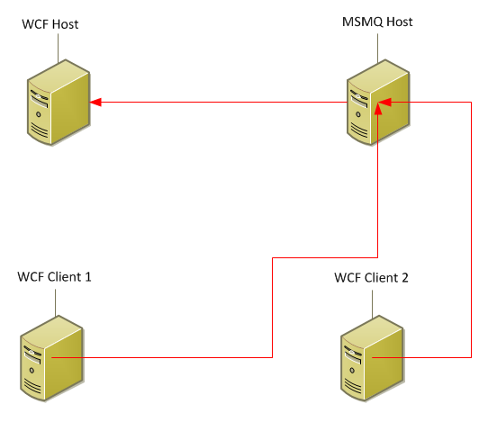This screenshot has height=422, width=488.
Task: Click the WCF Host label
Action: click(x=50, y=24)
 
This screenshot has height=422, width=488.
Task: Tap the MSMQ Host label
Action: click(x=377, y=22)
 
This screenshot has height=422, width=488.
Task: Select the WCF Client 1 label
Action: click(x=54, y=277)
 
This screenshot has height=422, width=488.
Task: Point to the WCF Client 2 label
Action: click(x=371, y=278)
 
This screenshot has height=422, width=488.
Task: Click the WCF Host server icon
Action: click(x=59, y=103)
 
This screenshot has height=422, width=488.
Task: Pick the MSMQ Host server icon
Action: click(x=378, y=103)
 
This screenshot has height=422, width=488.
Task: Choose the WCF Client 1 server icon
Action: click(x=52, y=358)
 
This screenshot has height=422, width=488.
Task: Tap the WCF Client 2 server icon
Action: click(x=372, y=358)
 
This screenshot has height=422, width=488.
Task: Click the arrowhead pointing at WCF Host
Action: click(x=95, y=102)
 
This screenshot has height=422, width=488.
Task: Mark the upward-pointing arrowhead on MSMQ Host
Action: click(x=378, y=109)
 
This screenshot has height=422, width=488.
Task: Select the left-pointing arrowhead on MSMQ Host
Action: click(x=384, y=102)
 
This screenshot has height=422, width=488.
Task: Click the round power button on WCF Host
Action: click(x=39, y=114)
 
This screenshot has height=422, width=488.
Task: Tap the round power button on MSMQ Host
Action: click(x=358, y=114)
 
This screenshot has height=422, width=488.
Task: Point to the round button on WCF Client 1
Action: click(x=32, y=371)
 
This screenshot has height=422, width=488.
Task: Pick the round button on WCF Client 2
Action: click(x=352, y=371)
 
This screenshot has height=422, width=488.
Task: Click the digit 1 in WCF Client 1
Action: click(x=88, y=277)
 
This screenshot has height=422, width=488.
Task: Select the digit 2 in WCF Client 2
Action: click(x=405, y=278)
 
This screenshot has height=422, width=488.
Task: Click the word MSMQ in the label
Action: click(x=363, y=22)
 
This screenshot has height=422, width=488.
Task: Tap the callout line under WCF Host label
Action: click(x=58, y=49)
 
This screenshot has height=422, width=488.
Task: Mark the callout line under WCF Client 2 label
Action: click(x=372, y=304)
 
